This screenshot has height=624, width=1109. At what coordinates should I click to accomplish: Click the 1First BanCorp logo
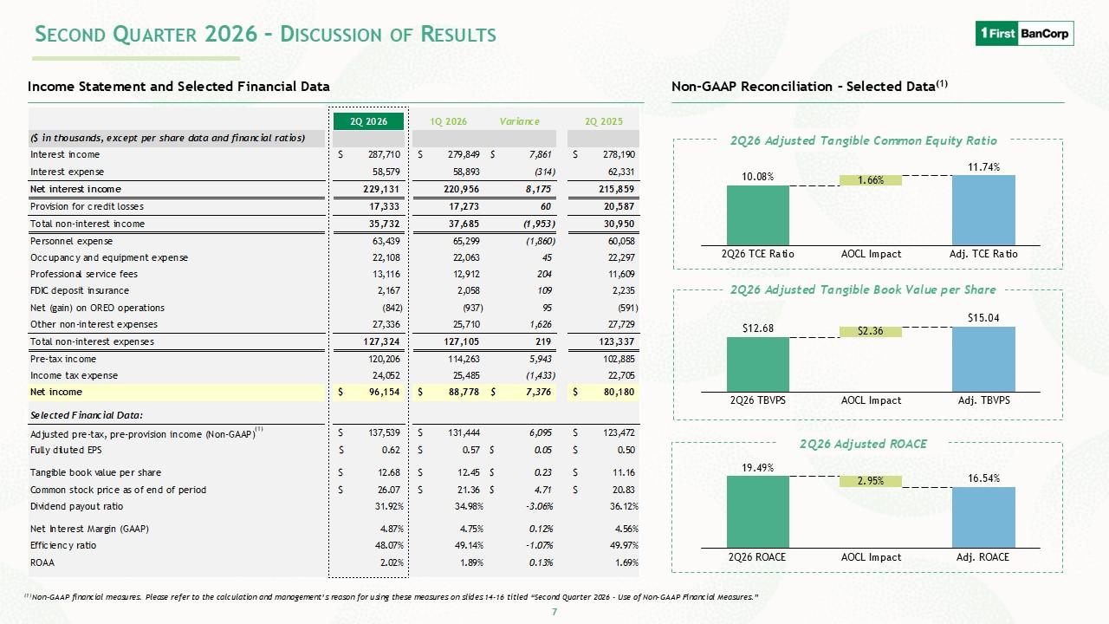1024,33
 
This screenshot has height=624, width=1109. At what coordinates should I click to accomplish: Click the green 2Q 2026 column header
369,121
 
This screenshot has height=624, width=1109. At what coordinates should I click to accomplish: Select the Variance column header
519,121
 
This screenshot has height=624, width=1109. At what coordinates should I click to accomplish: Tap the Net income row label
56,392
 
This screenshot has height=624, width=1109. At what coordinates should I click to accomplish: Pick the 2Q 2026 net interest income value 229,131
381,189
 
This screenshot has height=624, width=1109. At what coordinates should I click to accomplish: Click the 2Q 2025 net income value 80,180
619,392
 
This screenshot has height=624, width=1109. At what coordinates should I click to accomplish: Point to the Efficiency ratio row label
63,545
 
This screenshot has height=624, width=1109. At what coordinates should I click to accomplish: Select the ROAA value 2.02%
392,562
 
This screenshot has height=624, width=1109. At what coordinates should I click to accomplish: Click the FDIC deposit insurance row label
79,290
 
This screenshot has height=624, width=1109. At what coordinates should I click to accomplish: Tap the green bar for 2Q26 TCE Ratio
757,216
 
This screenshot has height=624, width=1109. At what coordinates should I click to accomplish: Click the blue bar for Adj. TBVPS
983,359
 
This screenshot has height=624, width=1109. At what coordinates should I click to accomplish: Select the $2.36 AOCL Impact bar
871,331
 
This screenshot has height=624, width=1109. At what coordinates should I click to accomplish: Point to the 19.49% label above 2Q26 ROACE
757,467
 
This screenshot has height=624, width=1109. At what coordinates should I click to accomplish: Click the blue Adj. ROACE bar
983,517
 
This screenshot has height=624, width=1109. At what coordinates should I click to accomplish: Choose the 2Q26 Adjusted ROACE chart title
863,444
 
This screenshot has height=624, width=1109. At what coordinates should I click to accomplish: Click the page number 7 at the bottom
554,612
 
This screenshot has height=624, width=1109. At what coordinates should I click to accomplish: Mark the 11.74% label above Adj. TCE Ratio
983,167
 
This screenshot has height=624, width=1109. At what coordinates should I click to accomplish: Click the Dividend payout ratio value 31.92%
392,507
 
